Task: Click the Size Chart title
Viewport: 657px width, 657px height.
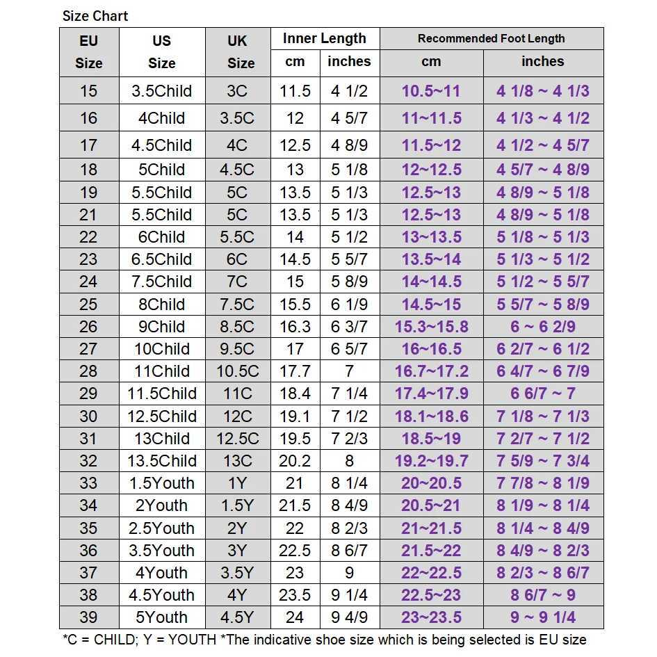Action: pos(95,15)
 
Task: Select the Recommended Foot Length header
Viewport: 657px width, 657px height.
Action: pos(491,38)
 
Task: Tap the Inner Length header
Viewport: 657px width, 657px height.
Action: pos(324,38)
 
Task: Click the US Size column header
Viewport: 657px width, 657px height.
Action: pos(161,51)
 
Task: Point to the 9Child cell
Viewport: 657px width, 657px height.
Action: pos(161,326)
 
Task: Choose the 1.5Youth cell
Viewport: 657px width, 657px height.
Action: pos(161,483)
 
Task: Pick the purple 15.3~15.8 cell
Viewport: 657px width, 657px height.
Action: pos(431,326)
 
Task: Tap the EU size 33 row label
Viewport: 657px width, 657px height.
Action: pos(88,483)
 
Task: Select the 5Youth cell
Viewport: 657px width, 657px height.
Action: pos(161,617)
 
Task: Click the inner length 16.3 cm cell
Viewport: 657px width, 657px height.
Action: pos(295,326)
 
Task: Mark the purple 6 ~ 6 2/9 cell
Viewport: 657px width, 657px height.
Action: pos(542,326)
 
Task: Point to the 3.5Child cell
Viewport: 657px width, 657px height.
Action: pos(161,91)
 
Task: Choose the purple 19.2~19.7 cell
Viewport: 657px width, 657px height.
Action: pos(431,461)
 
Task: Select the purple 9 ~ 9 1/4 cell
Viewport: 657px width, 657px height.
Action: pos(542,617)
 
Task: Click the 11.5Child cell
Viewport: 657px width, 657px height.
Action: pos(161,394)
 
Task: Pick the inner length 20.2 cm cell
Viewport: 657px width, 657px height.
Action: pos(295,461)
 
